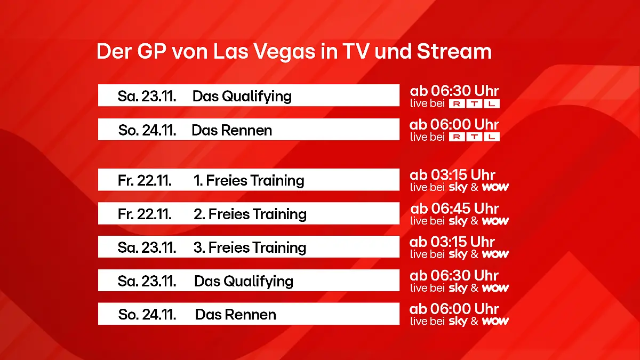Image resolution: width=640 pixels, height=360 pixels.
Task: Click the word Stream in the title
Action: (x=454, y=52)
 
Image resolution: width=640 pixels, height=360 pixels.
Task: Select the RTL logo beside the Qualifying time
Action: (x=474, y=104)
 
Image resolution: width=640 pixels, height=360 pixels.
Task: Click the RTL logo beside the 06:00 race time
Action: (x=474, y=137)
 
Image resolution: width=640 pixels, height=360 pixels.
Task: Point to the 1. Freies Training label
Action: (x=249, y=181)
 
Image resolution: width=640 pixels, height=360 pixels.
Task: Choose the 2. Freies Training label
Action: (x=250, y=214)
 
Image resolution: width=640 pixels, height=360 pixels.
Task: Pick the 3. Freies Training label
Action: (x=250, y=248)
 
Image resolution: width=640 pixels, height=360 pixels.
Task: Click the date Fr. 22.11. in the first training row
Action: (x=145, y=181)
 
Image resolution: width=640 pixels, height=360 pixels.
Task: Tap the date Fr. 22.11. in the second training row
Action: (x=145, y=214)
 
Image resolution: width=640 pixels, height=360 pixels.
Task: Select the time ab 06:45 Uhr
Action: (x=454, y=208)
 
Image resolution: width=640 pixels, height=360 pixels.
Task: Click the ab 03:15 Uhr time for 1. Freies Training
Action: (x=452, y=175)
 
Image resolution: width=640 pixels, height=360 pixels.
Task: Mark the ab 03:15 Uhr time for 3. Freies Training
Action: (x=452, y=242)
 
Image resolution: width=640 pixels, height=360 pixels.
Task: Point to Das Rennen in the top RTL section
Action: (x=231, y=131)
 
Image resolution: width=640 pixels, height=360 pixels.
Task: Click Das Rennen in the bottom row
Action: (x=235, y=315)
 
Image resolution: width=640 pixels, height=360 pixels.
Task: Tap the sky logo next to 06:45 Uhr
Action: (x=458, y=221)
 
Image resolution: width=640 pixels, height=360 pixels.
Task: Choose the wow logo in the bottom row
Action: (x=495, y=321)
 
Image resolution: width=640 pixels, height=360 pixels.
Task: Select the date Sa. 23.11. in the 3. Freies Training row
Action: (x=147, y=248)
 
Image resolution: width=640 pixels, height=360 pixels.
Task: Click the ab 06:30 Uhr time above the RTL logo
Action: (x=454, y=91)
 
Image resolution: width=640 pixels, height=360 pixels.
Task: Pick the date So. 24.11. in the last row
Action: (x=147, y=315)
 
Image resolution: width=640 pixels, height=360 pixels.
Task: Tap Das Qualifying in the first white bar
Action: (x=242, y=97)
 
